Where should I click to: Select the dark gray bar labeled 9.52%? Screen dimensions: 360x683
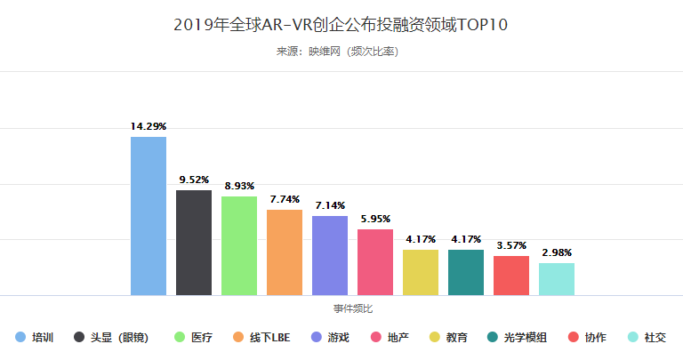click(x=194, y=242)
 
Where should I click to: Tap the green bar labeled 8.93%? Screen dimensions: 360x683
click(x=239, y=245)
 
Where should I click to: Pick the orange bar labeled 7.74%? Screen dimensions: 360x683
click(x=285, y=252)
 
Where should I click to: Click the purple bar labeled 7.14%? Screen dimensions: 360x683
click(x=330, y=255)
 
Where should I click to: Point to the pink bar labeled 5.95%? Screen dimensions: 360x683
click(x=375, y=261)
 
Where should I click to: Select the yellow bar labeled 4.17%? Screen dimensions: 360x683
click(x=421, y=272)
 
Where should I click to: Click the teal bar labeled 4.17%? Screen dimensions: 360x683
click(x=466, y=272)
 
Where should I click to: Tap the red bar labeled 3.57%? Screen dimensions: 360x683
click(x=511, y=275)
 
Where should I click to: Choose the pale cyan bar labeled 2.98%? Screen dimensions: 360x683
click(x=557, y=278)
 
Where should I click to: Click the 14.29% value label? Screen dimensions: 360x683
click(x=149, y=127)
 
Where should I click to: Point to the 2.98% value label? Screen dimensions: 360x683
click(x=557, y=253)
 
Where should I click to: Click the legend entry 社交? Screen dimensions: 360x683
click(x=655, y=338)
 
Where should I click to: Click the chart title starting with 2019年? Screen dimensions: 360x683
click(x=341, y=24)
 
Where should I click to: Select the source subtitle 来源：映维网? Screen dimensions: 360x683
click(x=341, y=52)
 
